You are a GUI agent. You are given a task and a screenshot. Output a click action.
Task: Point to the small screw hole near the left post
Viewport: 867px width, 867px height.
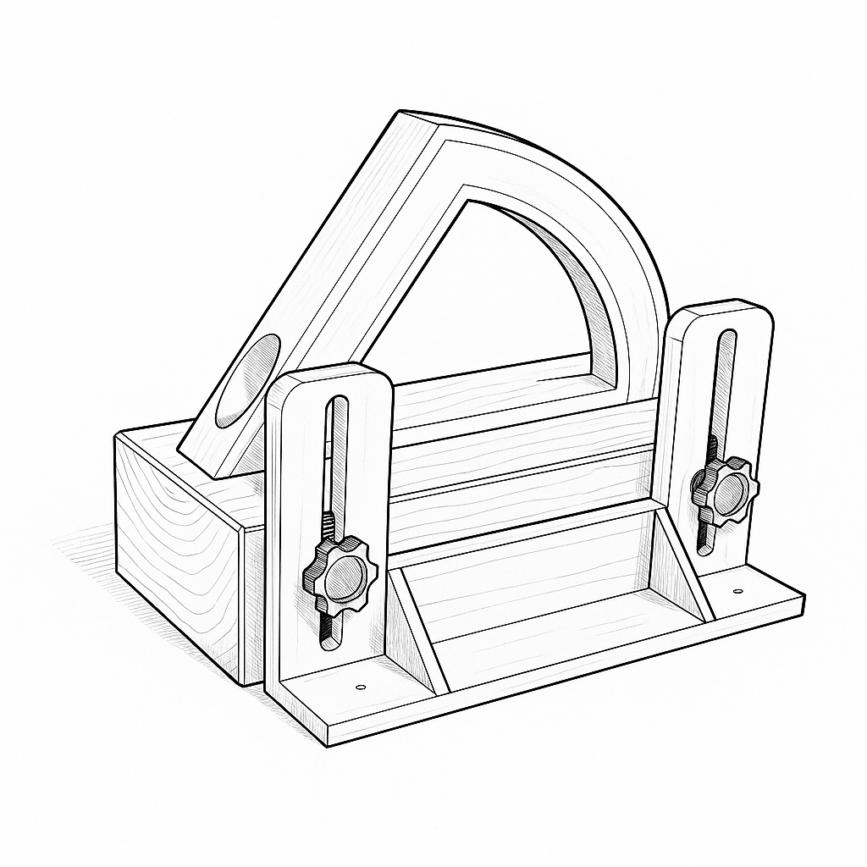pos(360,686)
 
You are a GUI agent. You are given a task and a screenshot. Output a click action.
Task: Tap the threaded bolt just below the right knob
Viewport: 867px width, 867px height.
pos(704,529)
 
